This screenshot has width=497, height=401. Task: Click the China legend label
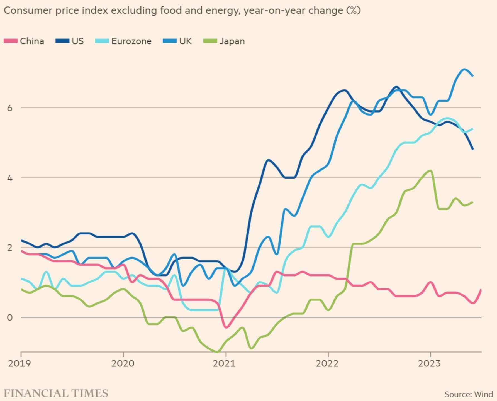point(32,41)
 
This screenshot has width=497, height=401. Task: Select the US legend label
point(77,41)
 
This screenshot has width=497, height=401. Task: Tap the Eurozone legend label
point(131,41)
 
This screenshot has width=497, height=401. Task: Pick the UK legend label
point(185,41)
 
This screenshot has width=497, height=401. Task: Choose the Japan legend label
point(232,41)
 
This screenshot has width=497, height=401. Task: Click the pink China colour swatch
point(11,41)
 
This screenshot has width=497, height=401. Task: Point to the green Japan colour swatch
point(210,41)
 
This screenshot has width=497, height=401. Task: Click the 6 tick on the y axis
point(10,108)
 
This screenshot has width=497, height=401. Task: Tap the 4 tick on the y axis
point(10,178)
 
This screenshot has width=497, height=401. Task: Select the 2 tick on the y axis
point(10,248)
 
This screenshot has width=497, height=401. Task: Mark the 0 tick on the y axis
point(10,317)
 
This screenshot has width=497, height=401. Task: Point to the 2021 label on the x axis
point(224,363)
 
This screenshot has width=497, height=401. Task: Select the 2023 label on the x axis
point(429,363)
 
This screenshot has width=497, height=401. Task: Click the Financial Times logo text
point(56,393)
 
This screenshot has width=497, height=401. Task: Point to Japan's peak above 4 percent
point(431,170)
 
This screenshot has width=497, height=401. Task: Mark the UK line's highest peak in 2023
point(464,69)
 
